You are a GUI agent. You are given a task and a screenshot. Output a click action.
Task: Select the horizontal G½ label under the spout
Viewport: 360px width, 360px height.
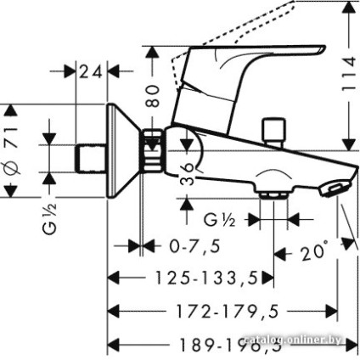[x=218, y=220]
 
